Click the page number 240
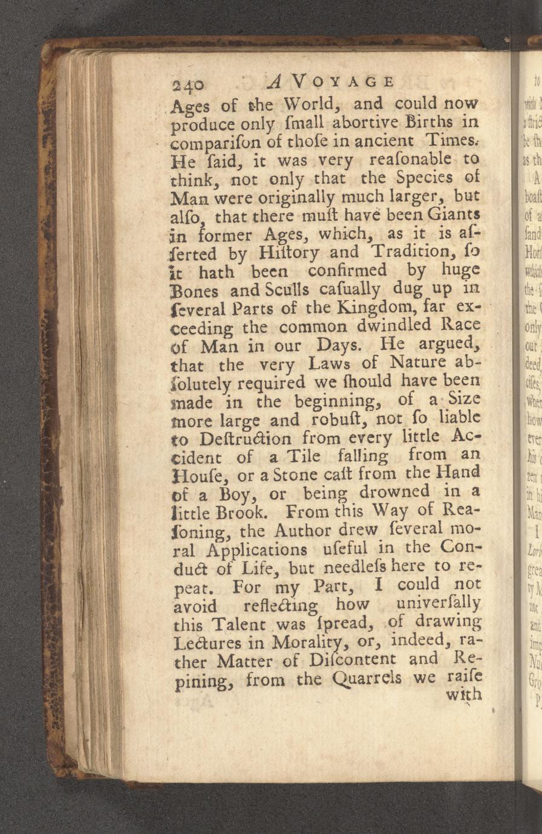[189, 84]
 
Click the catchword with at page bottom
[463, 679]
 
